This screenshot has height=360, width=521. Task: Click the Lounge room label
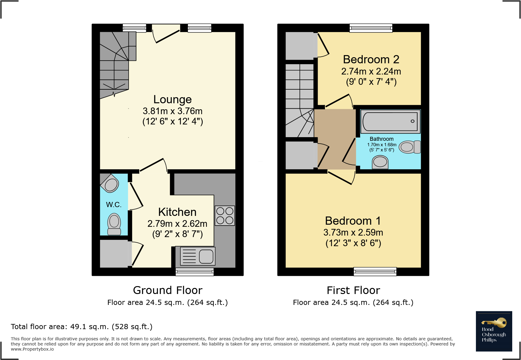coord(172,99)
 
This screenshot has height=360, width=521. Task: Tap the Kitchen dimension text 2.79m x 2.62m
coord(177,224)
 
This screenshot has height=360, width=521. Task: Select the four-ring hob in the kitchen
coord(225,216)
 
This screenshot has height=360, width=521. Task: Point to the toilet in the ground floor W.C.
coord(114,224)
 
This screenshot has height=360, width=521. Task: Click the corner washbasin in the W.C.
coord(110,183)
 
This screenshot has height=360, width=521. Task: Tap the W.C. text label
coord(114,205)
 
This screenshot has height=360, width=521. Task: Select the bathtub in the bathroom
coord(390,121)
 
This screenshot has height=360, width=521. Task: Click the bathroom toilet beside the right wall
coord(410,147)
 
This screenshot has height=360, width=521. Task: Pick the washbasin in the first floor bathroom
coord(380,162)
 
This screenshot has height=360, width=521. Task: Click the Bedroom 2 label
coord(371,59)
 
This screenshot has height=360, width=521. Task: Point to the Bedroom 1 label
coord(353,221)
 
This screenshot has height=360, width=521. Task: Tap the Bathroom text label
coord(382,139)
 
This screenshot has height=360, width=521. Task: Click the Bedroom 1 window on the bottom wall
coord(375,272)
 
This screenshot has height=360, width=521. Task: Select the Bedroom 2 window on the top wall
coord(371,28)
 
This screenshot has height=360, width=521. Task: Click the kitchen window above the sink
coord(195,272)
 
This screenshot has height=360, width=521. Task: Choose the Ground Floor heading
coord(168,290)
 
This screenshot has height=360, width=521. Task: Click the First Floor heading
coord(353,290)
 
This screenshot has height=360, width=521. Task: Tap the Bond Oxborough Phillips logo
coord(494,331)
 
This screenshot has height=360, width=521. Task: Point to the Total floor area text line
coord(82,327)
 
